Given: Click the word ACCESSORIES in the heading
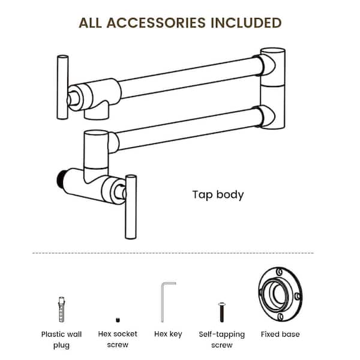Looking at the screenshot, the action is point(156,23).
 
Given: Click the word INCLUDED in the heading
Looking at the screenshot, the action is point(246,23).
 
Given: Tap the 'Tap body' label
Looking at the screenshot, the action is point(218,195).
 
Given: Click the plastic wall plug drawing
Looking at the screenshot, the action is point(61,310).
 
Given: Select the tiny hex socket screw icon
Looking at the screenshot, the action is point(118,320).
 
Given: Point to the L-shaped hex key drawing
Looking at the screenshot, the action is point(164,302).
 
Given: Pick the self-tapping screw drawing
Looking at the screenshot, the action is point(221,312).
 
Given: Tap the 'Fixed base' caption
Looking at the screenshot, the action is point(280,334).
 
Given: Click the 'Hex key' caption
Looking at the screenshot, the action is point(168,334).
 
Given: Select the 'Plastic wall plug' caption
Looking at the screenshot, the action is point(61,340).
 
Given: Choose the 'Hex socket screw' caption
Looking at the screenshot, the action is point(118,339).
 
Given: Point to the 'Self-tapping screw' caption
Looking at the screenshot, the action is point(222,340).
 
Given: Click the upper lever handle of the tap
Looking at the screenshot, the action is point(62,87).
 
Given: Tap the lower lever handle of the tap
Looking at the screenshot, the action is point(131,207).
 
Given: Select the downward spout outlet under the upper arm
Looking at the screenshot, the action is point(97,113).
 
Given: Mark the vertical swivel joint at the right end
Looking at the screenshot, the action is point(273,88).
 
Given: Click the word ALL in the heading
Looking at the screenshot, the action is point(90,23).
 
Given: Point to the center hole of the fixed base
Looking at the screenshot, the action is point(280,293).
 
